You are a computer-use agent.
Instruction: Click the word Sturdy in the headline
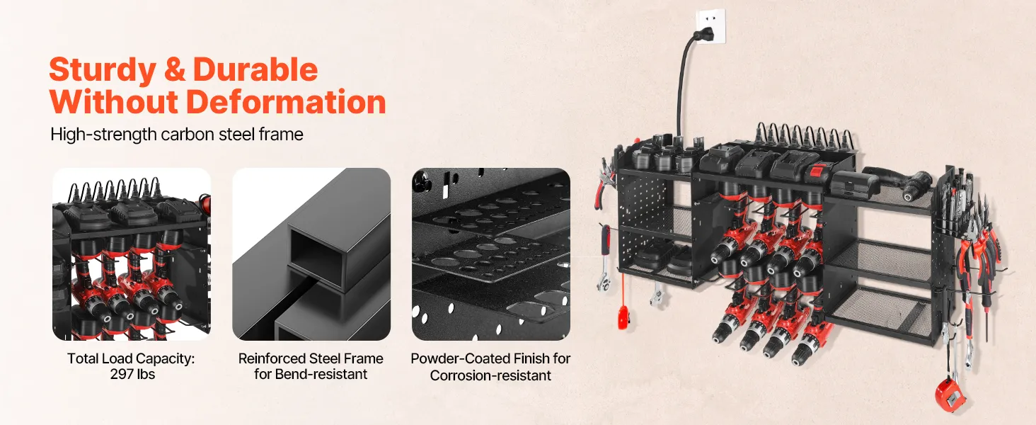pyautogui.click(x=102, y=70)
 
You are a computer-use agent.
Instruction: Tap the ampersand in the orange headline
pyautogui.click(x=175, y=69)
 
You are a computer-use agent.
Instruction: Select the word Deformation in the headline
pyautogui.click(x=286, y=102)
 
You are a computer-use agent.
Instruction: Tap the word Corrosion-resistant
pyautogui.click(x=490, y=375)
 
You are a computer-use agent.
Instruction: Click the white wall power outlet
pyautogui.click(x=710, y=26)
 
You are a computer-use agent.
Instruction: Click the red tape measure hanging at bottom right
pyautogui.click(x=949, y=396)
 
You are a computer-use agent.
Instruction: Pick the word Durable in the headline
pyautogui.click(x=255, y=70)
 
